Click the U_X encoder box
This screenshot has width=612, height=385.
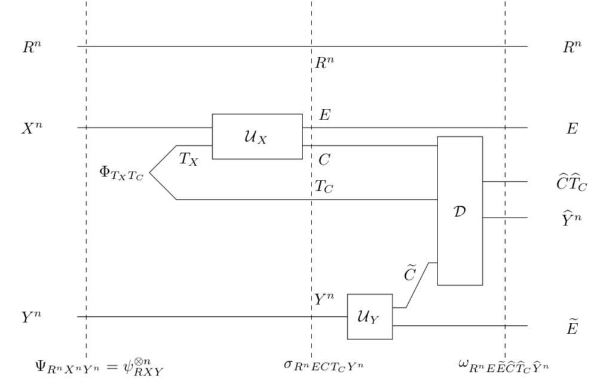(257, 136)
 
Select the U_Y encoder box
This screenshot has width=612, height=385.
(370, 316)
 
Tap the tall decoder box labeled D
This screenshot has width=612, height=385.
(460, 210)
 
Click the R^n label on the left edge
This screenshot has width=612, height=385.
(32, 47)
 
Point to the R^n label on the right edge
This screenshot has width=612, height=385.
(572, 47)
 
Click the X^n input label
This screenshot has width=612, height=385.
(32, 128)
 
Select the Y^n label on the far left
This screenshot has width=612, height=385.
(32, 317)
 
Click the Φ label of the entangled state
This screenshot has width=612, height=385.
(121, 173)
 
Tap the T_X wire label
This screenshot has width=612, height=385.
(188, 159)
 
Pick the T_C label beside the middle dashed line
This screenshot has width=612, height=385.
(324, 187)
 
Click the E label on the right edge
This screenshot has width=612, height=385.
(572, 129)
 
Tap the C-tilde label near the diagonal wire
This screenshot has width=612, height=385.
(409, 274)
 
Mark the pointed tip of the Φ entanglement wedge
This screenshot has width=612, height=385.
(149, 173)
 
